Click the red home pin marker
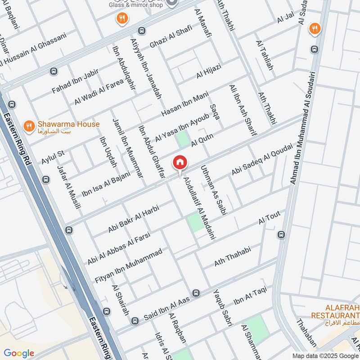point(180,162)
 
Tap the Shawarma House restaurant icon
point(29,126)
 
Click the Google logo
point(18,353)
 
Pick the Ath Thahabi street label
point(232,256)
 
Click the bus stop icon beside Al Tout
point(281,234)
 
